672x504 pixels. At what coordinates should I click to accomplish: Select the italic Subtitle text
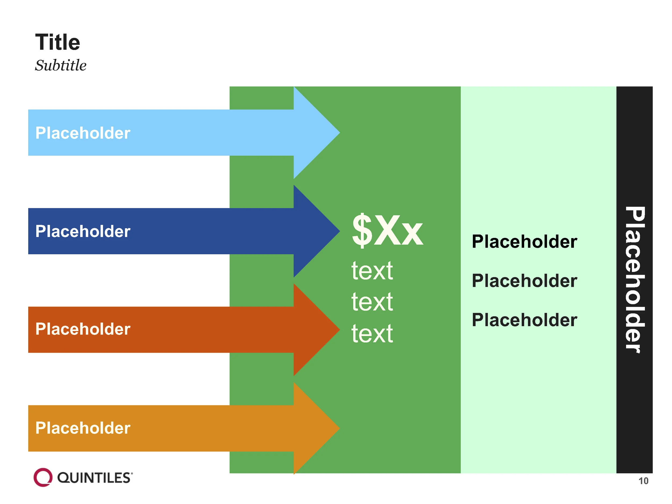pos(61,65)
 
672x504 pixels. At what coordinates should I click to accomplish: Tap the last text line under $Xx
pos(372,333)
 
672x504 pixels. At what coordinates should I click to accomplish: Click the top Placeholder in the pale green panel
pos(524,242)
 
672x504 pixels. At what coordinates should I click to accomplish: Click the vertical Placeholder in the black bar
pos(635,280)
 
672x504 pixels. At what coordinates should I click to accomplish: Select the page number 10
pos(644,481)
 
